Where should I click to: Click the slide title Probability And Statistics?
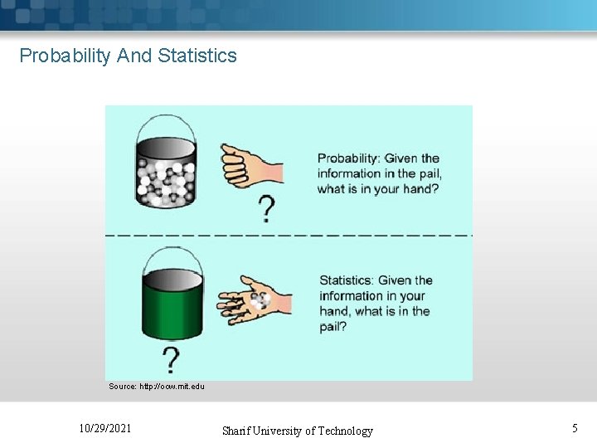click(128, 56)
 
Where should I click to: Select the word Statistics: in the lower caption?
click(347, 280)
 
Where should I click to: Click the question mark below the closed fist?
click(266, 209)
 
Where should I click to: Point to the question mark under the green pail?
click(171, 361)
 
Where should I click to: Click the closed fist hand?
click(249, 165)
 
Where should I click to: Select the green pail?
click(172, 305)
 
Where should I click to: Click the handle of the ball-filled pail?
click(166, 124)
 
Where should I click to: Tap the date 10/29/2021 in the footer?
click(104, 429)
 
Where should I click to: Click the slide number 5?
click(575, 429)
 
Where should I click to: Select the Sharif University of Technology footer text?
click(297, 431)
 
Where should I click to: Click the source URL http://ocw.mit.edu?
click(157, 387)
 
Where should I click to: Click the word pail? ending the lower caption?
click(333, 326)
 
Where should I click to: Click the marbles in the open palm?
click(259, 300)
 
